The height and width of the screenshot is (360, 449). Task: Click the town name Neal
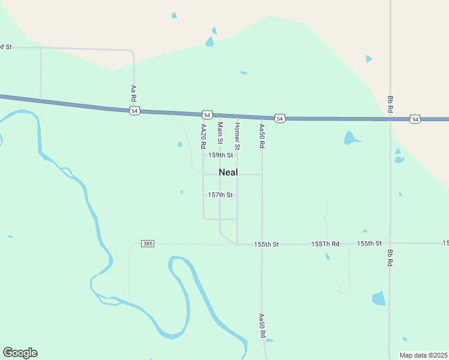tap(228, 172)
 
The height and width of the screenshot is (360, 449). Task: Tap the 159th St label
tap(220, 155)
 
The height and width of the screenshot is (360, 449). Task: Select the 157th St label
tap(220, 195)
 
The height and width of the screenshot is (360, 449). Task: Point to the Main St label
tap(220, 133)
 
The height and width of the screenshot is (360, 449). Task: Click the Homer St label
tap(237, 136)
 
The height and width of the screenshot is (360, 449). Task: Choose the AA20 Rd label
tap(203, 136)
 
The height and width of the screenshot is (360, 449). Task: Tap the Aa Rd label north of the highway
tap(133, 92)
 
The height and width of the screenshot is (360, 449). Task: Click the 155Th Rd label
tap(325, 244)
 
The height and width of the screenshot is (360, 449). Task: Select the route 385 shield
tap(148, 244)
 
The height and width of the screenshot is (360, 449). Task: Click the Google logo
tap(20, 353)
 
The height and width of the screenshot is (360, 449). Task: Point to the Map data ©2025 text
tap(424, 355)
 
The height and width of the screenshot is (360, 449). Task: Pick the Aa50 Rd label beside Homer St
tap(262, 136)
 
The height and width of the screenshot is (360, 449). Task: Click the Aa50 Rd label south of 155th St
tap(262, 326)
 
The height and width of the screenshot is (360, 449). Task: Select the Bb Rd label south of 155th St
tap(390, 258)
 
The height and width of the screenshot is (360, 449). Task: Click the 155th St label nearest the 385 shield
tap(267, 244)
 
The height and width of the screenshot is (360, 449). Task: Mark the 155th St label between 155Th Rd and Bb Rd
tap(369, 243)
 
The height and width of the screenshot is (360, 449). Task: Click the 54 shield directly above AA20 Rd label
tap(207, 114)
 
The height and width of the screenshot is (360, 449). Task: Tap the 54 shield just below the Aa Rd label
tap(134, 111)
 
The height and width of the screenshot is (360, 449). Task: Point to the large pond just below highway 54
tap(351, 139)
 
